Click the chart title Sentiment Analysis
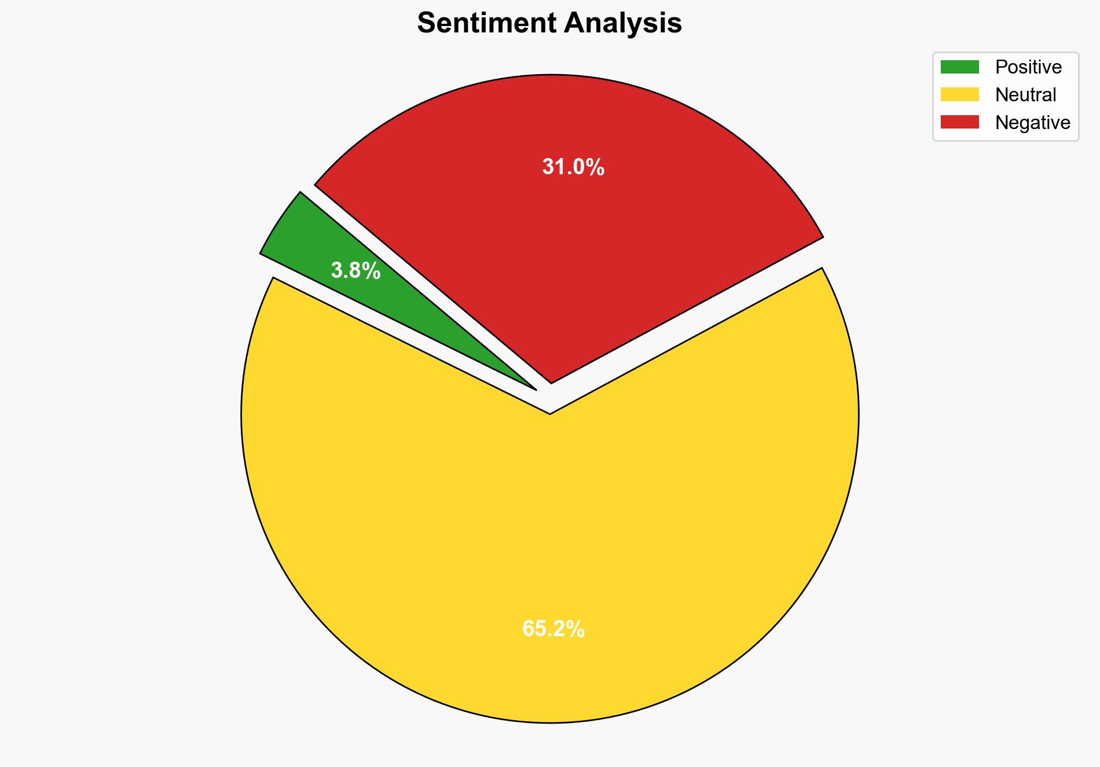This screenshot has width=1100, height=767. tap(549, 24)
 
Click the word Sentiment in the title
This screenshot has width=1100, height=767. tap(488, 24)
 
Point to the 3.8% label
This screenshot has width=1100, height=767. tap(355, 270)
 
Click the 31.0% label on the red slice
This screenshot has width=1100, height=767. tap(573, 167)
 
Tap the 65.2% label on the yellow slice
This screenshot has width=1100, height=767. tap(553, 629)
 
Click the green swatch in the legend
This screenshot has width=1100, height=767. tap(959, 67)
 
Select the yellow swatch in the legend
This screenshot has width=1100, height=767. tap(959, 94)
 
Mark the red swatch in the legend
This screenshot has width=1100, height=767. tap(959, 122)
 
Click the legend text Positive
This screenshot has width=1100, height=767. tap(1028, 67)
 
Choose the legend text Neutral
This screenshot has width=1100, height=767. tap(1025, 94)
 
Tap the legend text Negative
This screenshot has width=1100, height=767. tap(1032, 122)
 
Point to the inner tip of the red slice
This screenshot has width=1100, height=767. tap(551, 381)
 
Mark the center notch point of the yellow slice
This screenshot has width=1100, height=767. tap(549, 413)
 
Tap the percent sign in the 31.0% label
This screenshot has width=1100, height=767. tap(596, 167)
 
